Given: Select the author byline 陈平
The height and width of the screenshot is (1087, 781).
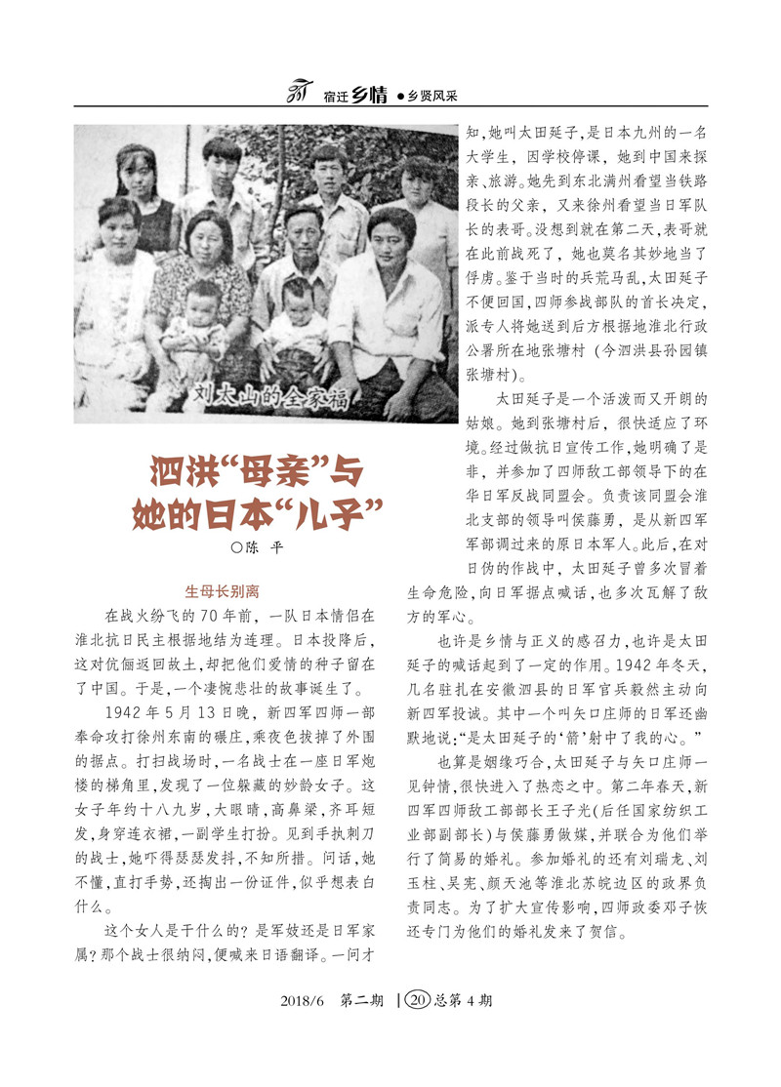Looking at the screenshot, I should (260, 548).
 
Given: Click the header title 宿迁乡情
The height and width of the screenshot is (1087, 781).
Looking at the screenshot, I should (352, 96).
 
